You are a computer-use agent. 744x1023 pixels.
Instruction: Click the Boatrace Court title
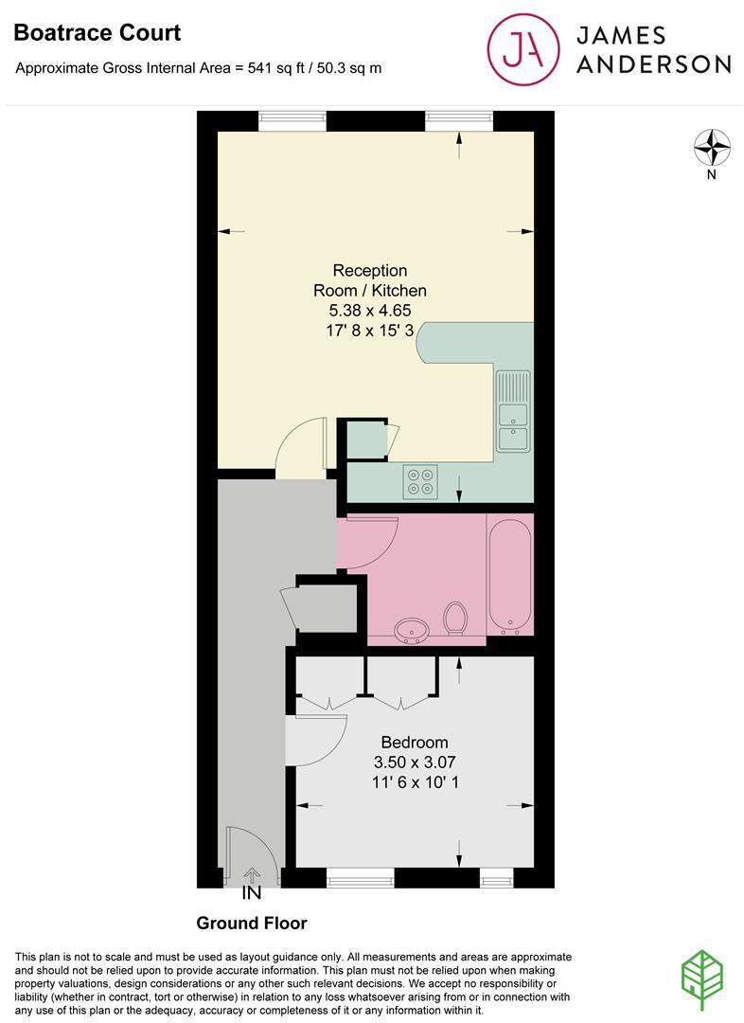coord(97,33)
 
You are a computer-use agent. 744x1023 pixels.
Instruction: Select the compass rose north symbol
coord(713,148)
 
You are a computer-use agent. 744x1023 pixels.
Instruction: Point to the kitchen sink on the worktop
coord(513,412)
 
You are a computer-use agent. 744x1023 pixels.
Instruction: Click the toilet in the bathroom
coord(455,619)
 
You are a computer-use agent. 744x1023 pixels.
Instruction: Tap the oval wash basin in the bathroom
coord(412,629)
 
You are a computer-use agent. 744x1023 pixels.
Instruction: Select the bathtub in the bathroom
coord(510,576)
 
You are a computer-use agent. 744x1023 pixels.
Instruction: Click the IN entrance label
coord(252,892)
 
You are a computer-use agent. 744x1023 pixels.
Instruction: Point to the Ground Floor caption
coord(252,923)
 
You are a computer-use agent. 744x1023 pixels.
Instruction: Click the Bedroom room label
coord(415,742)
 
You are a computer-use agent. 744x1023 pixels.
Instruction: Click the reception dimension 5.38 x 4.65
coord(370,311)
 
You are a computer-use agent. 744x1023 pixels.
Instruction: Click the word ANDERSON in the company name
coord(654,64)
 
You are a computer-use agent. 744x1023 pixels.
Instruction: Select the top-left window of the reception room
coord(292,121)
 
